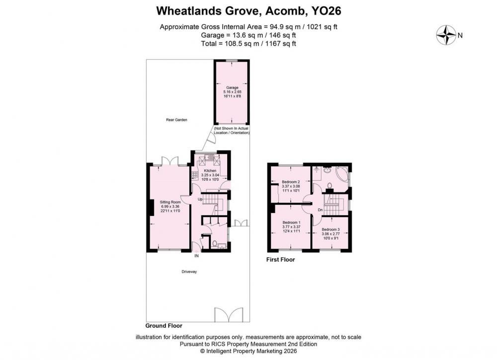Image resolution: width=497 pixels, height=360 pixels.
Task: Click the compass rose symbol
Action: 446,35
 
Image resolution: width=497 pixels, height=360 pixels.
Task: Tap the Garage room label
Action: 232,88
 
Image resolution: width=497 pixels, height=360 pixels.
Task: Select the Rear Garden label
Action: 176,120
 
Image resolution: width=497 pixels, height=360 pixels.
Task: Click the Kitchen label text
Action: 210,171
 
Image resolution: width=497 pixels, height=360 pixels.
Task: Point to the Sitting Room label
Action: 170,202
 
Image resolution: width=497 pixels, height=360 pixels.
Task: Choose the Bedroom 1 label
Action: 291,222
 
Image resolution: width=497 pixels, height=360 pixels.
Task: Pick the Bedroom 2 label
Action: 291,182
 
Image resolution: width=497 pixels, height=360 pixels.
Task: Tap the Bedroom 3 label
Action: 331,229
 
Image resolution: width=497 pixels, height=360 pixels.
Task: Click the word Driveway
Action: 189,272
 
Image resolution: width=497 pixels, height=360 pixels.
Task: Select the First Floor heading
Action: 280,260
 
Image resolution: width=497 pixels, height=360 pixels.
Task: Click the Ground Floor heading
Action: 164,326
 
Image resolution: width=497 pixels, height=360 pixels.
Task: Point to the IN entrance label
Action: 196,256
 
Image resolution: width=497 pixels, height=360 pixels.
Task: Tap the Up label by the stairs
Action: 200,199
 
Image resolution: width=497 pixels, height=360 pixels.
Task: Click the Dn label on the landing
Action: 320,210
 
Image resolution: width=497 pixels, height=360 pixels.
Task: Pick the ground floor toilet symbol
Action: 215,244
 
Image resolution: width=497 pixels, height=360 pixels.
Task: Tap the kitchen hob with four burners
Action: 195,175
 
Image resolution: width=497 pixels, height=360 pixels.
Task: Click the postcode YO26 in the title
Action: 326,11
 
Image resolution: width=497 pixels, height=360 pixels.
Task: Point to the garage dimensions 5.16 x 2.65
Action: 232,92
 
